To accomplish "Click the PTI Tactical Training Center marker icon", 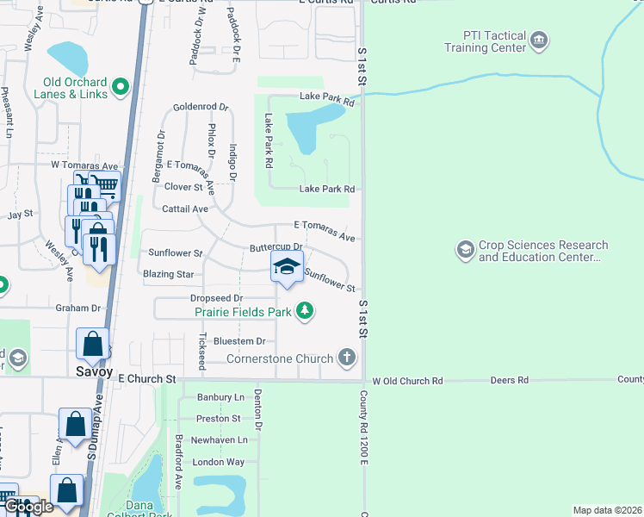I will pos(539,39).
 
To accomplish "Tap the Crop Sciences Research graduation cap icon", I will pos(465,250).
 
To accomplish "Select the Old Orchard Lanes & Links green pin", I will pos(120,86).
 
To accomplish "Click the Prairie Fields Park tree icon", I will pos(304,310).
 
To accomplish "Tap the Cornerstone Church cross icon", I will pos(346,357).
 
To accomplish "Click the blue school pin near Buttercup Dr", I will pos(288,266).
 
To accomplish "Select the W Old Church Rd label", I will pos(407,380).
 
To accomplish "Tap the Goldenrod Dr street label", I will pos(200,108).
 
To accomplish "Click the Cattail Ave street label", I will pos(185,209).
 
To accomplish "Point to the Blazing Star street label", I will pos(168,274).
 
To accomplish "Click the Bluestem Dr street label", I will pos(238,341).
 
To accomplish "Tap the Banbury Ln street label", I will pos(220,397).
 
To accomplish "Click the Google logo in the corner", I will pos(30,507).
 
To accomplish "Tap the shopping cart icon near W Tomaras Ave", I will pos(105,184).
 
